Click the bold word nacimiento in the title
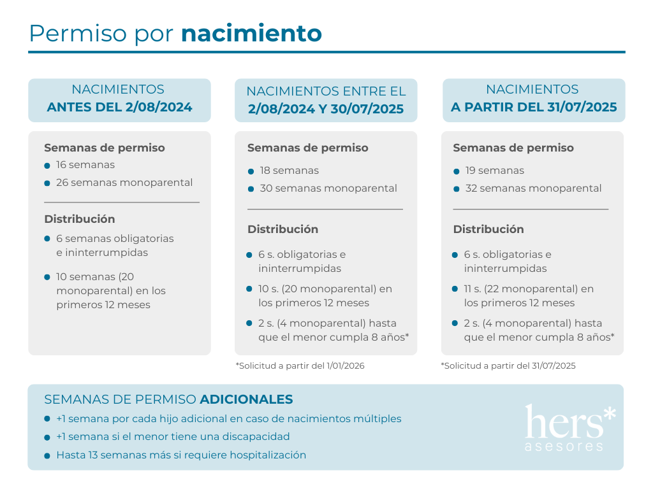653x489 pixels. tap(251, 33)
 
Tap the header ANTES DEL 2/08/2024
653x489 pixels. tap(119, 107)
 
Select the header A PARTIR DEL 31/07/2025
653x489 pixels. tap(534, 107)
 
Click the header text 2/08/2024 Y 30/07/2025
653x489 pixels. tap(326, 109)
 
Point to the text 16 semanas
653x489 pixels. tap(85, 165)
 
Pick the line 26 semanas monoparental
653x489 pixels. tap(124, 183)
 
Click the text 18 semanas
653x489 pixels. tap(289, 171)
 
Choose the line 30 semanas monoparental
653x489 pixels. tap(328, 188)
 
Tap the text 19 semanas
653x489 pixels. tap(494, 171)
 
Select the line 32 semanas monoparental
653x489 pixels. tap(533, 188)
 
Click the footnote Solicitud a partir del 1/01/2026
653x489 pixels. tap(300, 365)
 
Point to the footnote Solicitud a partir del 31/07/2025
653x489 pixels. tap(508, 365)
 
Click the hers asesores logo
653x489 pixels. tap(569, 427)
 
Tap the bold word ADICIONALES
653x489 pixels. tap(246, 400)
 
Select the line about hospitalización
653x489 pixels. tap(181, 455)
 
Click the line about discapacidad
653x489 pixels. tap(173, 437)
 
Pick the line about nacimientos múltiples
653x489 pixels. tap(228, 419)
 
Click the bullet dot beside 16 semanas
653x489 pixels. tap(47, 166)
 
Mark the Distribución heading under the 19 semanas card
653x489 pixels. tap(488, 229)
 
